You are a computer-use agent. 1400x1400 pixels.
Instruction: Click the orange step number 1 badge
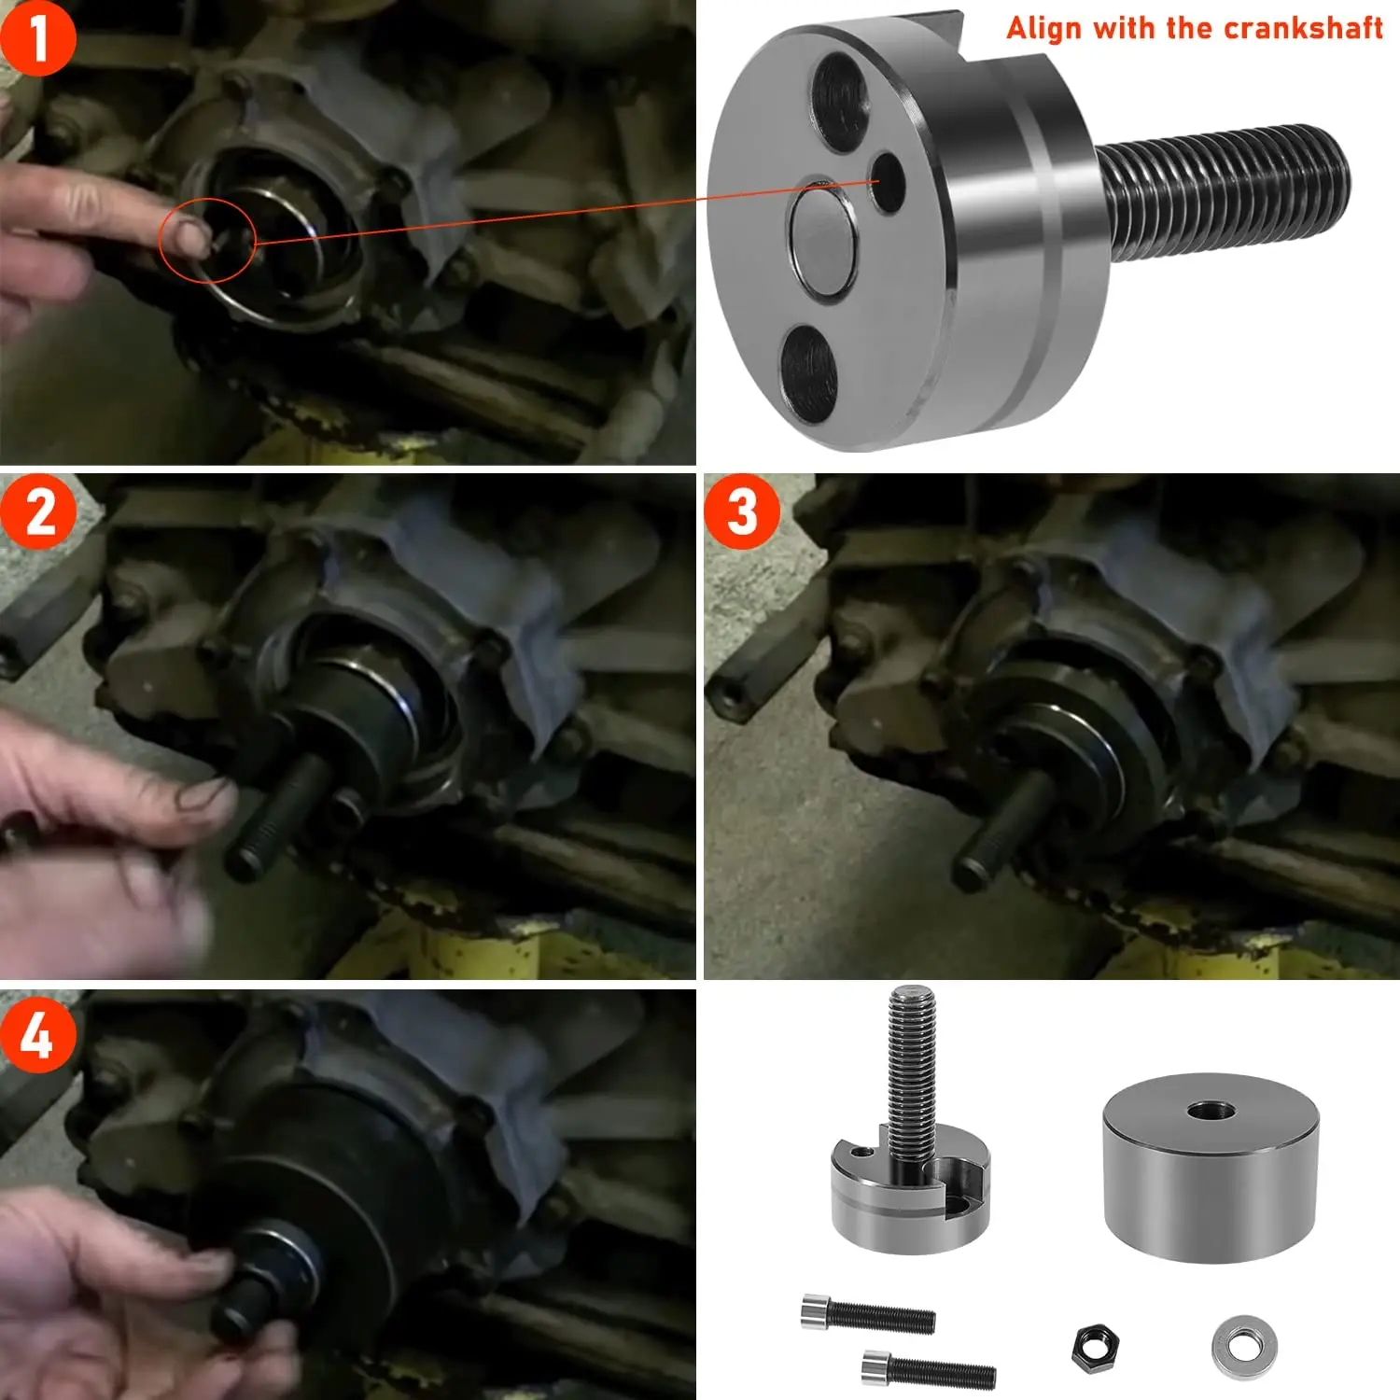pyautogui.click(x=37, y=38)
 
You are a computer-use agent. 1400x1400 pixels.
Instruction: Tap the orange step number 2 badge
pyautogui.click(x=39, y=511)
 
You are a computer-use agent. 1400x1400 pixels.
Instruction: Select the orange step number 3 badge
pyautogui.click(x=742, y=511)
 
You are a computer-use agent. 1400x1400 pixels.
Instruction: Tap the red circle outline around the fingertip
pyautogui.click(x=207, y=240)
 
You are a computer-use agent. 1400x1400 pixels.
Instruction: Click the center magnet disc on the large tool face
pyautogui.click(x=821, y=238)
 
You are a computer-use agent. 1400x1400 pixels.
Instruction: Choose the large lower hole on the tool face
pyautogui.click(x=808, y=370)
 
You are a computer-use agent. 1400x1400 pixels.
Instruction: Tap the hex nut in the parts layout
pyautogui.click(x=1096, y=1348)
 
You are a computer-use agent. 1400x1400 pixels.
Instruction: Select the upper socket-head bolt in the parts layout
pyautogui.click(x=868, y=1313)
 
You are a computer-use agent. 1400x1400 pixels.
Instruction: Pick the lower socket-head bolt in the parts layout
pyautogui.click(x=929, y=1369)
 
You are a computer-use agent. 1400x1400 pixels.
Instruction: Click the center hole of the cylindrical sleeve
pyautogui.click(x=1211, y=1111)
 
